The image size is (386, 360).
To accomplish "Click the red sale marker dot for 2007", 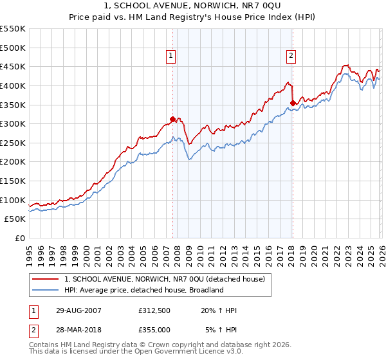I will click(x=172, y=119).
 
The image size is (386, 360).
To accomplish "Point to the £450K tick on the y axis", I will click(x=13, y=67).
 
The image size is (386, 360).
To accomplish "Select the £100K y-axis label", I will click(x=13, y=200).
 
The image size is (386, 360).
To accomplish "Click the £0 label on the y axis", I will click(x=21, y=239).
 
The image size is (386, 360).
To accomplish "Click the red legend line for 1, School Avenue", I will click(x=46, y=279).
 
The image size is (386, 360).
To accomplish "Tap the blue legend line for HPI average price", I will click(x=46, y=291).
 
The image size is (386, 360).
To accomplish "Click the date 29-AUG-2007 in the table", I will click(x=78, y=310).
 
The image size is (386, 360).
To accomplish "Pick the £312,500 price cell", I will click(x=154, y=310).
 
